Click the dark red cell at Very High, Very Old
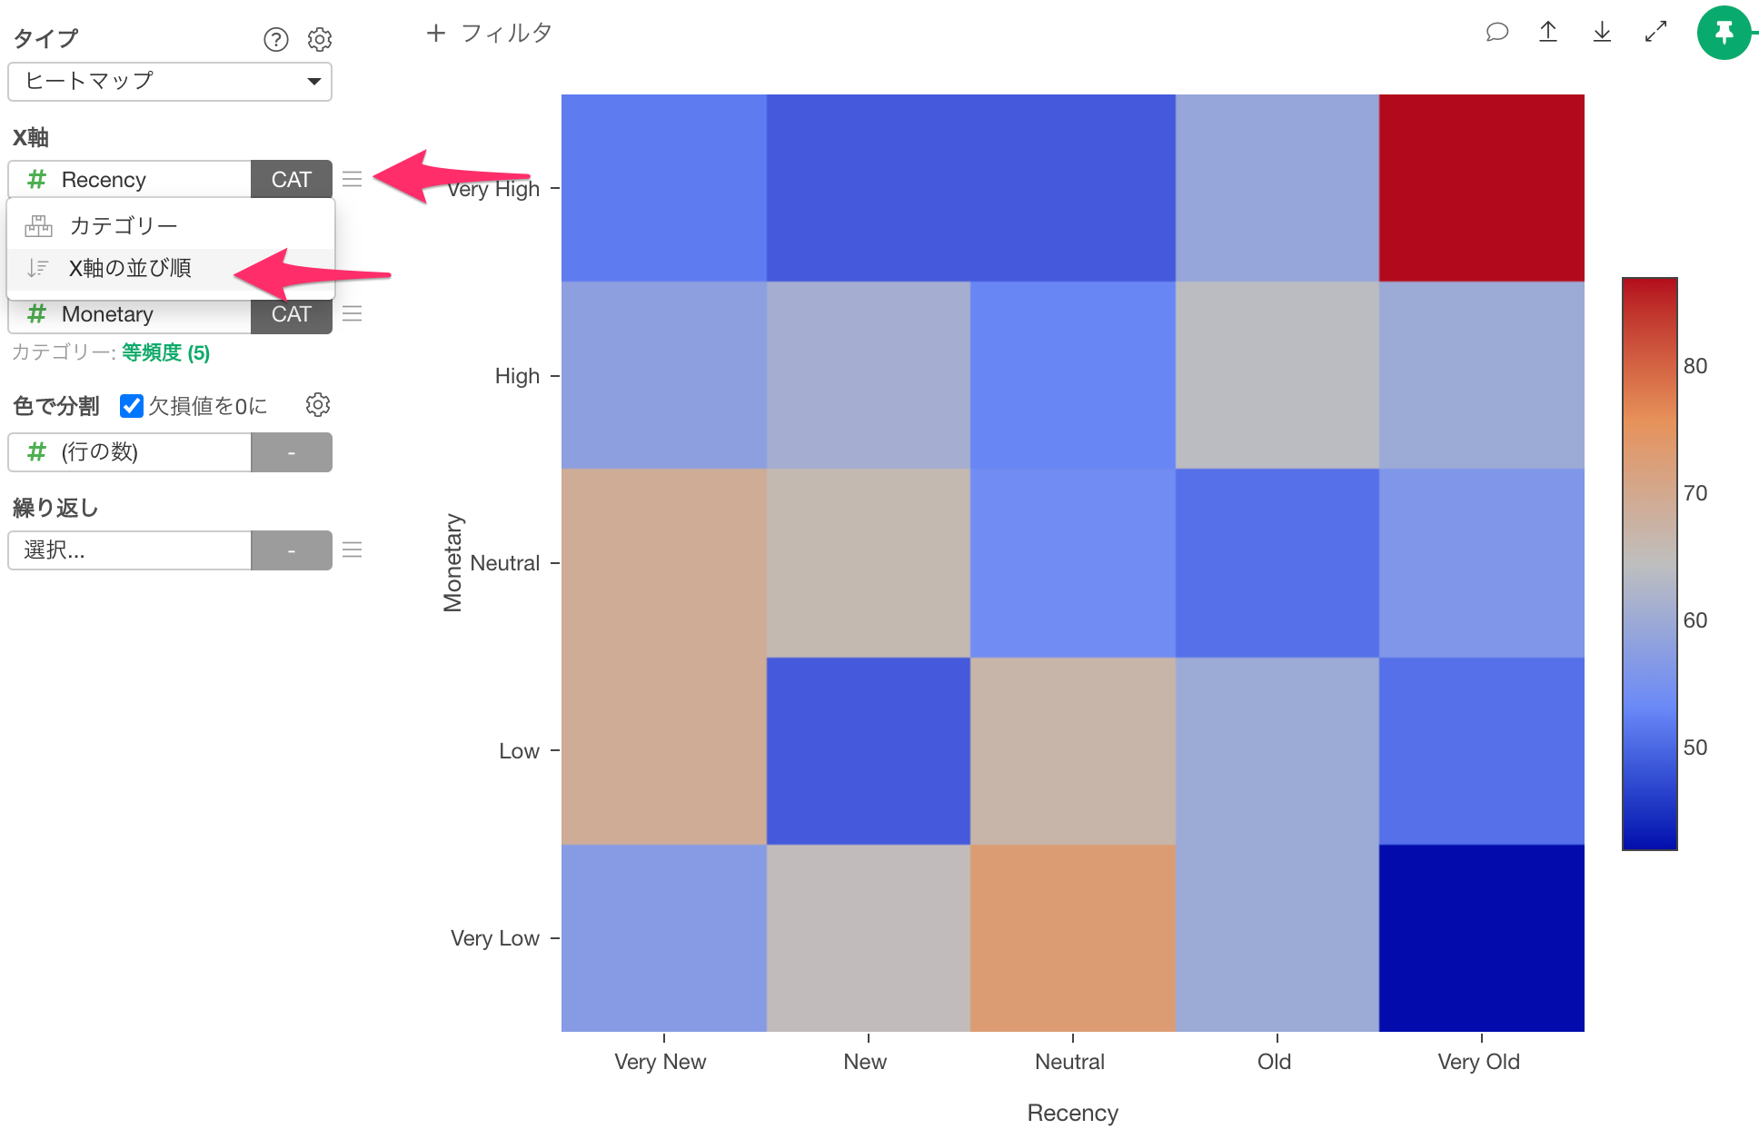tap(1481, 188)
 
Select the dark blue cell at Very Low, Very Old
tap(1481, 938)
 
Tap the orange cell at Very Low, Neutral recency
tap(1072, 938)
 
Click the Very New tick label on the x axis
tap(660, 1062)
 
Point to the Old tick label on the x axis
tap(1274, 1062)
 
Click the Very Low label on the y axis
tap(495, 938)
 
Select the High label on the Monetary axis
tap(517, 376)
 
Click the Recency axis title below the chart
tap(1072, 1113)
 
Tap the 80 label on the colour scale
tap(1694, 366)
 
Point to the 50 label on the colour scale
tap(1694, 748)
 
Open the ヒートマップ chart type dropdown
tap(170, 82)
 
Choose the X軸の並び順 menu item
tap(130, 269)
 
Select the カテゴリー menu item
tap(124, 225)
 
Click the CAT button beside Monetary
tap(291, 314)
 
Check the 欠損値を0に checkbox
tap(132, 406)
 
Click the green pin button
tap(1724, 33)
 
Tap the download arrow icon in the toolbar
tap(1602, 33)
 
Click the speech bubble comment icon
tap(1496, 33)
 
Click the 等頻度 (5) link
tap(165, 352)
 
